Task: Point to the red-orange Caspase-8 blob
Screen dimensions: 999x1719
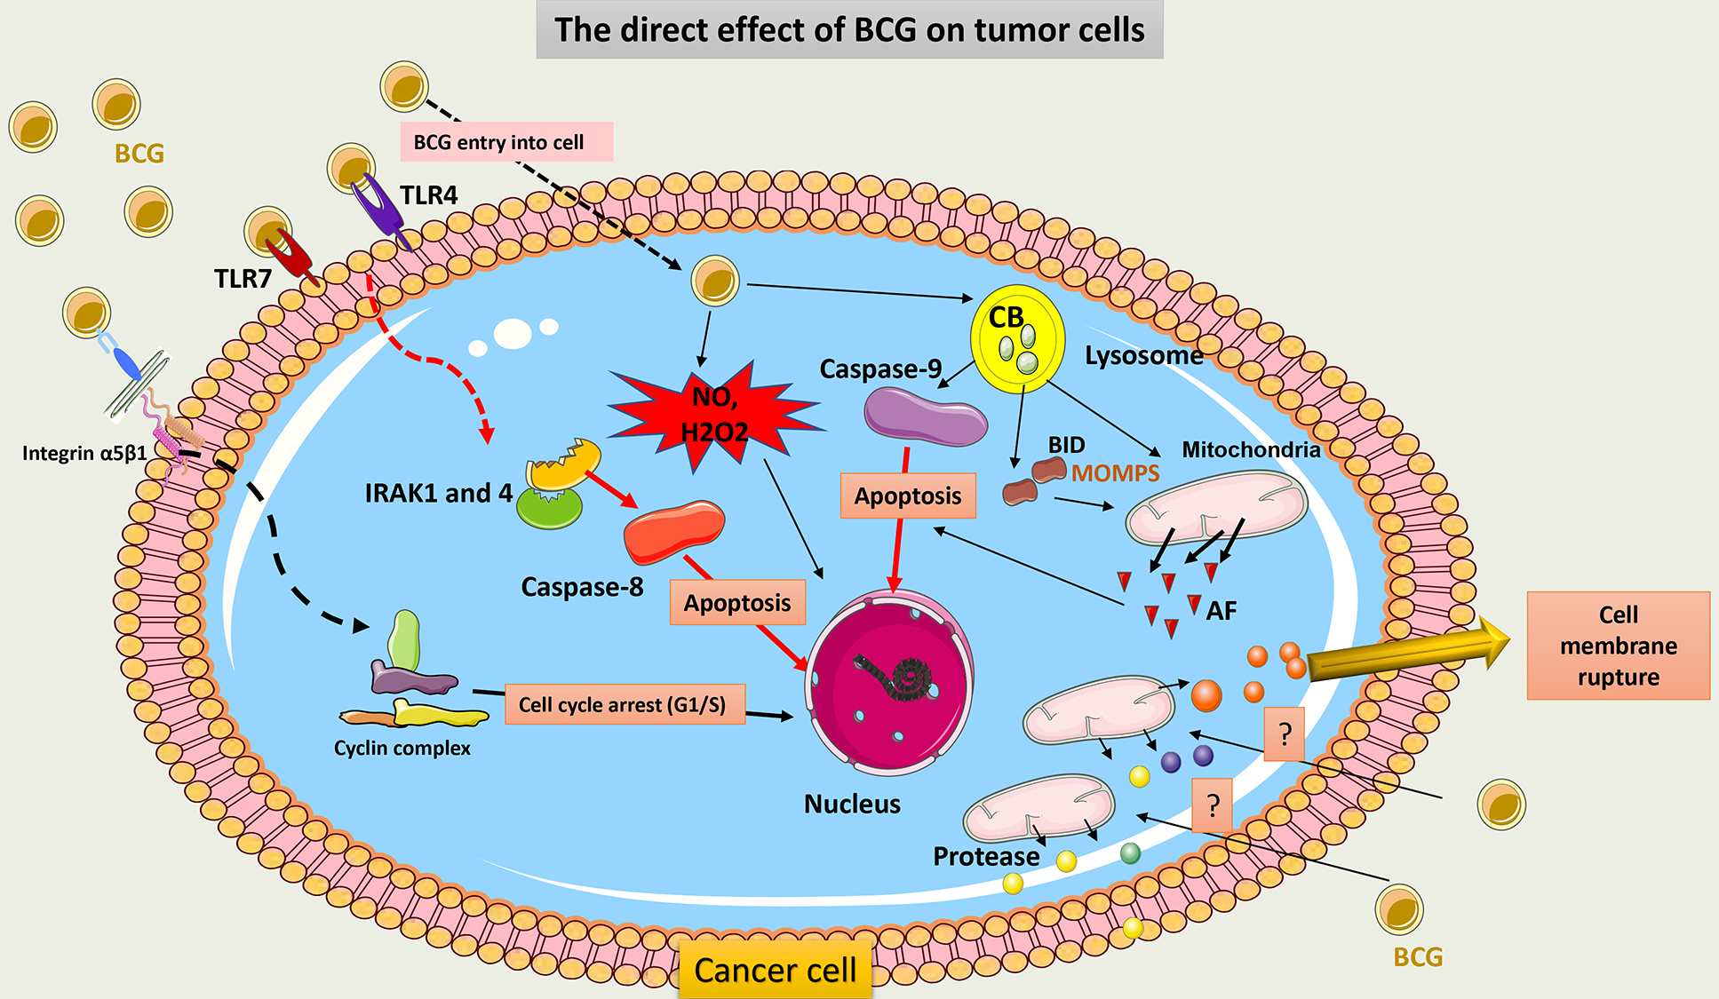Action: (673, 531)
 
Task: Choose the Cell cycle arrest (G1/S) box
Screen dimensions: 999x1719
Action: (625, 704)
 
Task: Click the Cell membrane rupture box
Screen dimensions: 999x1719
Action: (1618, 646)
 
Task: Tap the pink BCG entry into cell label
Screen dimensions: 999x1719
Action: (505, 142)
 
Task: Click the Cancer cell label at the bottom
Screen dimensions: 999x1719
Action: (775, 970)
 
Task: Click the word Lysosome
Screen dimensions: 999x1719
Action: (1143, 355)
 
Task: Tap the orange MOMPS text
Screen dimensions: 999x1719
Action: (1115, 473)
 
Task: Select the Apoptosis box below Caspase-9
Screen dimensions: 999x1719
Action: (907, 496)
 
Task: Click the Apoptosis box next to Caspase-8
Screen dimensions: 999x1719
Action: (737, 603)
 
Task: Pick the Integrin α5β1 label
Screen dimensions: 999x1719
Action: (84, 454)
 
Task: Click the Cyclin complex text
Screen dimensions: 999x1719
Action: (402, 748)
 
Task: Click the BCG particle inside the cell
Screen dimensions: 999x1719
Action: (715, 281)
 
